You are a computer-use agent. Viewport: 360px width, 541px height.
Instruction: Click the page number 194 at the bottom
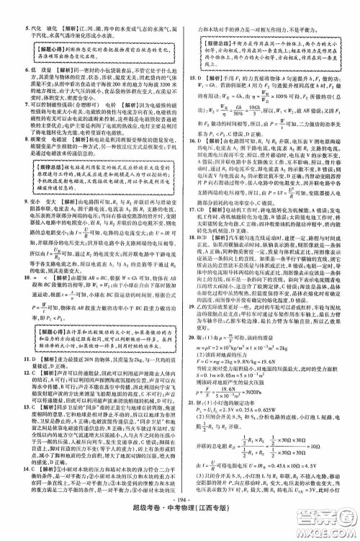pyautogui.click(x=179, y=517)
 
